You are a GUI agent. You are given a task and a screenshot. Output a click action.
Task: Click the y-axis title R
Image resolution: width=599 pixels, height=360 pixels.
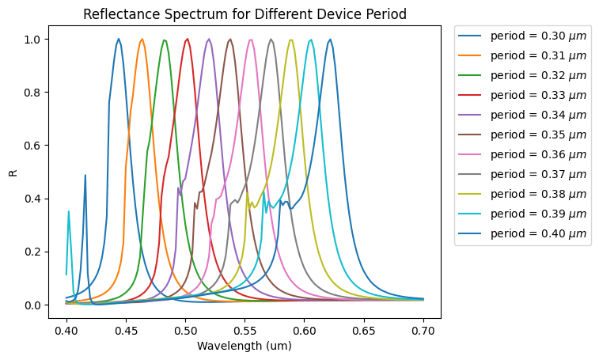[13, 172]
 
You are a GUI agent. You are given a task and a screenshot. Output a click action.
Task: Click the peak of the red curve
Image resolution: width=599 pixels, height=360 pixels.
[188, 39]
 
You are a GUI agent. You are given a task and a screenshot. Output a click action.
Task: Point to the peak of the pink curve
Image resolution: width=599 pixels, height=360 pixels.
[251, 40]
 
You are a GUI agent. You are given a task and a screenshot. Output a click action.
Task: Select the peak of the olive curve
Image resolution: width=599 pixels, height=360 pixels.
[292, 40]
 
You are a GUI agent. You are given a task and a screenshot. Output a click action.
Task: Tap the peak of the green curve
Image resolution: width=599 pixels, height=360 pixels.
[165, 40]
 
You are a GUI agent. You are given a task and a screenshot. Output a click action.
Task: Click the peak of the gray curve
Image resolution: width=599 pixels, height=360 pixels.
[271, 39]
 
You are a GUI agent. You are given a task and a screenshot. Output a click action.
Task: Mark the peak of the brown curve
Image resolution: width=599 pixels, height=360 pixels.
[230, 39]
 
